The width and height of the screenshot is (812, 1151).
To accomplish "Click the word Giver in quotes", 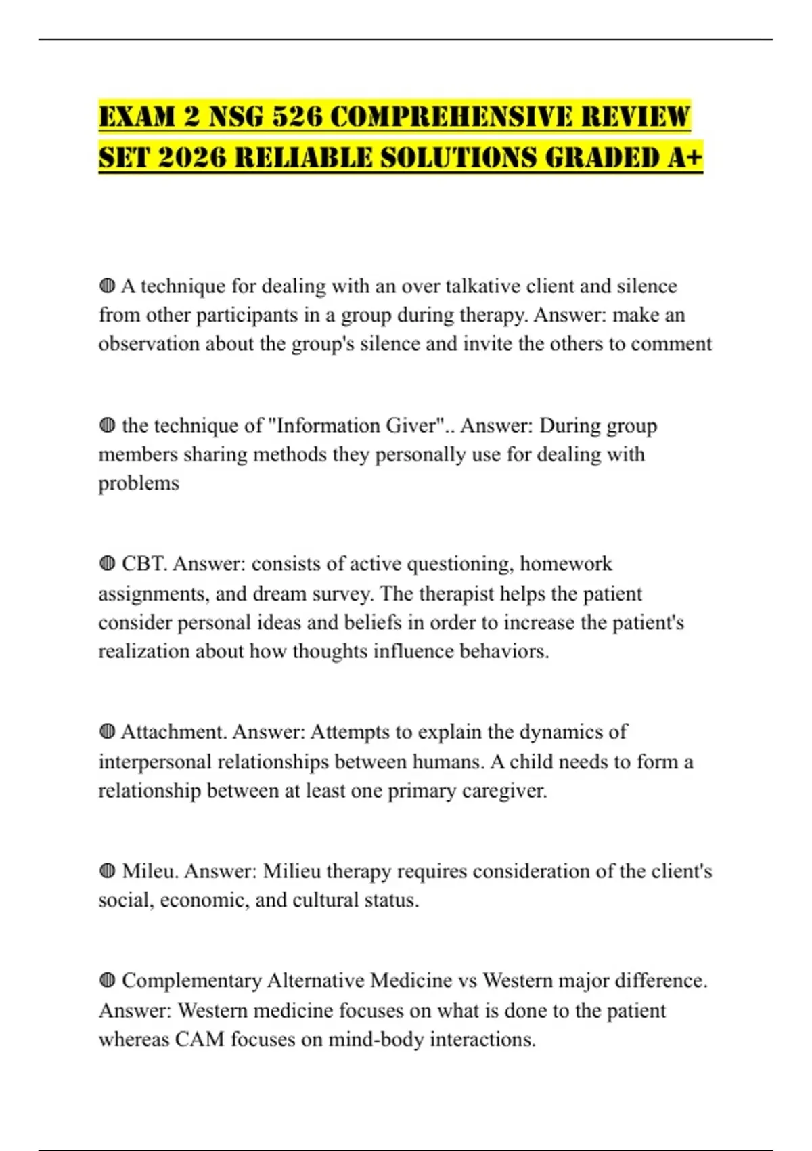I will [411, 425].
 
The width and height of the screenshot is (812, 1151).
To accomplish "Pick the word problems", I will [139, 483].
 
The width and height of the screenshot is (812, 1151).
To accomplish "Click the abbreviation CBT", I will [143, 564].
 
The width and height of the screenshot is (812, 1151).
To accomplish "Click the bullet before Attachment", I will [107, 732].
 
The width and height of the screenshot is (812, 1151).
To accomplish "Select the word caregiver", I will [504, 791].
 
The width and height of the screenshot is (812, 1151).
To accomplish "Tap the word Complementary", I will [191, 981].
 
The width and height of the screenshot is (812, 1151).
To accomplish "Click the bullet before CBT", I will [107, 564].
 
